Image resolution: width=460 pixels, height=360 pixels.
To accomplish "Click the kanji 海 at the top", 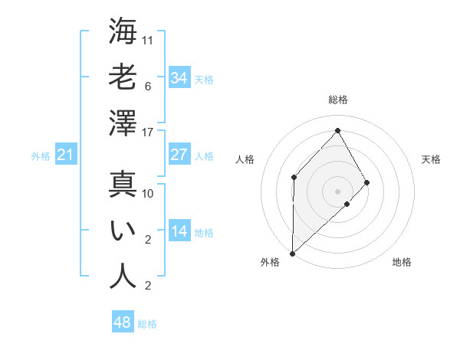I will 123,31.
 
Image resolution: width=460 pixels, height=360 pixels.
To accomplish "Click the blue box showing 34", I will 179,77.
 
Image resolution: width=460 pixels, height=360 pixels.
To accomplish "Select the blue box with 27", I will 179,154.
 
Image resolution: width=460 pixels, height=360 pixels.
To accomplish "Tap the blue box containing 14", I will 179,231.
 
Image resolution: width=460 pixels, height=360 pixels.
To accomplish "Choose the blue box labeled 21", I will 66,155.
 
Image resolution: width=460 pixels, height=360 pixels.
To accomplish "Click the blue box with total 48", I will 123,322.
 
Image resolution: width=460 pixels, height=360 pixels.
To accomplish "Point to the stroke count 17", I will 148,133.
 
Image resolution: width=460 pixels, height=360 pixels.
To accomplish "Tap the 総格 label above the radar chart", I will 337,100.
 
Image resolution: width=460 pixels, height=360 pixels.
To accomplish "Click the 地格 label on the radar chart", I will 402,262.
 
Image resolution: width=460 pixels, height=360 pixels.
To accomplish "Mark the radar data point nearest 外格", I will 292,253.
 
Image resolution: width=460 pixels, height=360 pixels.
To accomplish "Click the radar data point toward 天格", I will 367,182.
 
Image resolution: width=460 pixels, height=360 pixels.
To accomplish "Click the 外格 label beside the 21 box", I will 41,156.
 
